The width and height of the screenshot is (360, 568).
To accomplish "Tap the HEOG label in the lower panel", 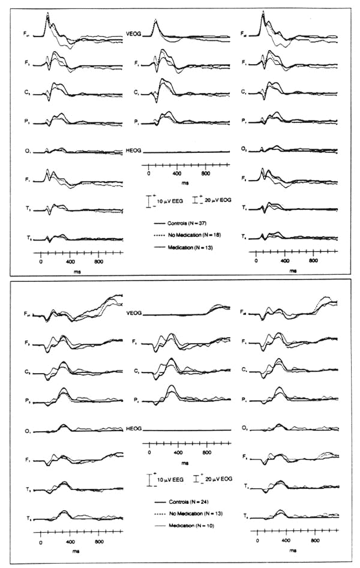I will click(133, 429).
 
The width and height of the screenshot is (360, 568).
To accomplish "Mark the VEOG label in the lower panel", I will click(133, 312).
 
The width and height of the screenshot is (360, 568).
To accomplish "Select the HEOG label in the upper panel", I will click(133, 150).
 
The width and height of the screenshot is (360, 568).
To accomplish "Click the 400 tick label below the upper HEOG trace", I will click(176, 173).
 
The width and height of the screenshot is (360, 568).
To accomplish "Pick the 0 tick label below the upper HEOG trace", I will click(149, 173).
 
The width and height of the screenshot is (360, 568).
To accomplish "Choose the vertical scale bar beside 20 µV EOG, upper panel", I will click(194, 200).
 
